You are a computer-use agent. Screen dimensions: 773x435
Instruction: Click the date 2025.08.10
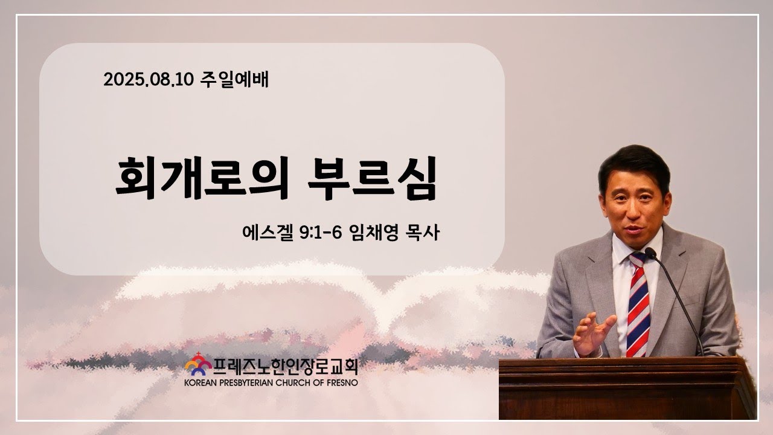click(149, 80)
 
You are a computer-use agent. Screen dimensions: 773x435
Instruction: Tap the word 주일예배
click(234, 79)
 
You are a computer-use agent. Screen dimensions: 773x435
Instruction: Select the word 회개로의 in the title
click(202, 178)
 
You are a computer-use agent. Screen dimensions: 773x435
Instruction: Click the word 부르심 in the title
click(373, 178)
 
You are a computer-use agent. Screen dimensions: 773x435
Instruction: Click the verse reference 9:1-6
click(321, 233)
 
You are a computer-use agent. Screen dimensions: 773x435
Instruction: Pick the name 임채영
click(374, 233)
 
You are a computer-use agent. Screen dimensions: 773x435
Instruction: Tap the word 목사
click(423, 233)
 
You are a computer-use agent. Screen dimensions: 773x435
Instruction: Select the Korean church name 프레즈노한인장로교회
click(286, 367)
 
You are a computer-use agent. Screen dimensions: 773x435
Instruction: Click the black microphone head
click(650, 253)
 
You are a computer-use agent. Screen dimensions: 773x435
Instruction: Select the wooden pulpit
click(627, 388)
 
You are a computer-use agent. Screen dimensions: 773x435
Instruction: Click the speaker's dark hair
click(634, 166)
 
